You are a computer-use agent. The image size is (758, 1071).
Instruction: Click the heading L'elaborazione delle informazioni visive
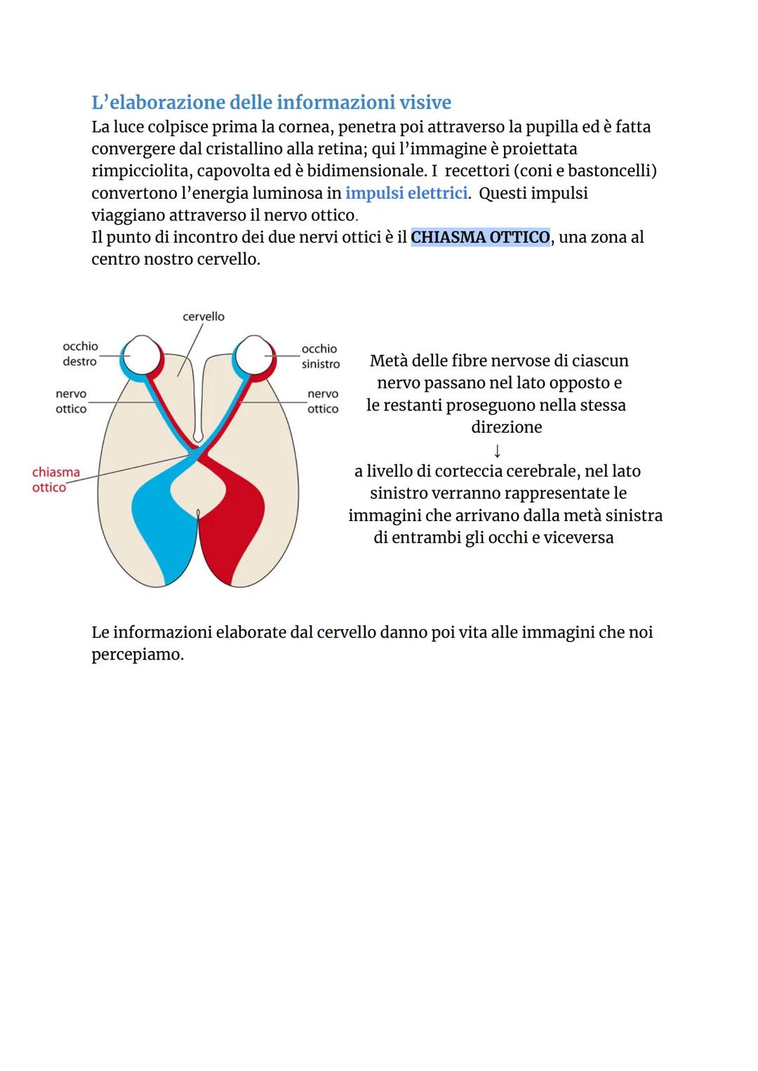[271, 103]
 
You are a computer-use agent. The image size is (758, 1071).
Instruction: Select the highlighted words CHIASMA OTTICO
[480, 237]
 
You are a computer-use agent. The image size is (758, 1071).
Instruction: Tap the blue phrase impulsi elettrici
[406, 193]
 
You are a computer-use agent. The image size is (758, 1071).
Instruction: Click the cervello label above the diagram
[204, 317]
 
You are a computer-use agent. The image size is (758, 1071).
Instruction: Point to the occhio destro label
[80, 354]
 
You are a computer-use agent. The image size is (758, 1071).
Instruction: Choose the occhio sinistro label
[320, 356]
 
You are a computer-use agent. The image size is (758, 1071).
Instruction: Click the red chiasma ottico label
[55, 480]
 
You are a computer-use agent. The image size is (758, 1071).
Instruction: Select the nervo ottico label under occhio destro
[71, 402]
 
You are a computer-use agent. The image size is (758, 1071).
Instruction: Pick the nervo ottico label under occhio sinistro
[323, 402]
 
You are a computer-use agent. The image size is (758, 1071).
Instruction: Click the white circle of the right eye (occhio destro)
[142, 355]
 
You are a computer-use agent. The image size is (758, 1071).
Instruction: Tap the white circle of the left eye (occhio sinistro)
[254, 355]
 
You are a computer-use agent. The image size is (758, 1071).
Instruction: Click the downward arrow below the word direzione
[497, 449]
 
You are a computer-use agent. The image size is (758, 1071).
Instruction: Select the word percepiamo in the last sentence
[137, 655]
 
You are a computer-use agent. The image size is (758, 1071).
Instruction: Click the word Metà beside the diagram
[388, 361]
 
